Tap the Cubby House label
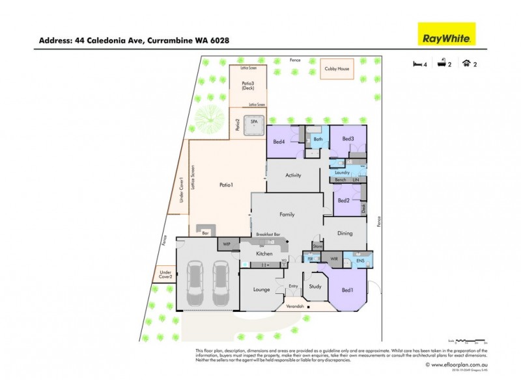click(x=337, y=68)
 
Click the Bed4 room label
click(x=279, y=142)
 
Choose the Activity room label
click(x=293, y=175)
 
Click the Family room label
click(x=287, y=214)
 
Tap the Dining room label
click(x=345, y=233)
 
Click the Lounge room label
click(x=261, y=289)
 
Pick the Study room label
click(x=315, y=286)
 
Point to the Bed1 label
click(x=347, y=290)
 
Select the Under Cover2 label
click(x=165, y=274)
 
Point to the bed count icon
click(x=417, y=64)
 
